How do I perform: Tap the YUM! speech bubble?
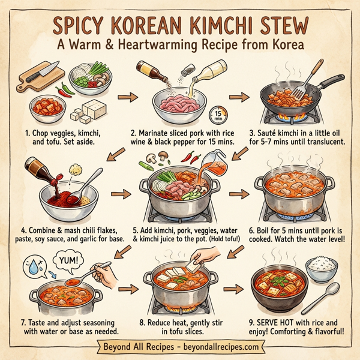70,261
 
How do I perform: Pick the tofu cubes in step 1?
91,112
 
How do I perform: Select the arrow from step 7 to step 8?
125,290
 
